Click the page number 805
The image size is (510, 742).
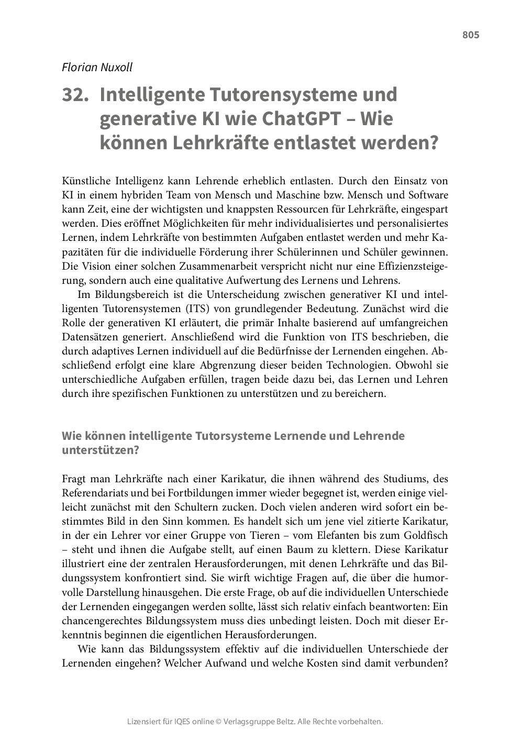pyautogui.click(x=470, y=35)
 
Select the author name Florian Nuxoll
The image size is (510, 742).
pyautogui.click(x=97, y=67)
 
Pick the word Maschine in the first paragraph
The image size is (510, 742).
pyautogui.click(x=312, y=195)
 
